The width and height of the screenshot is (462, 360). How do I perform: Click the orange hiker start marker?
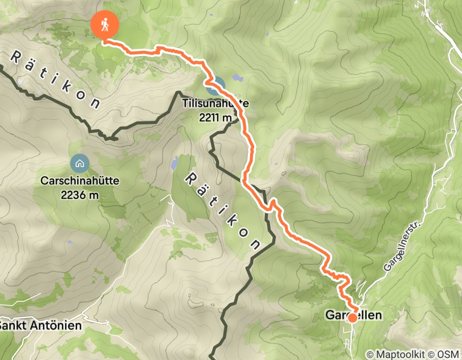coord(104,25)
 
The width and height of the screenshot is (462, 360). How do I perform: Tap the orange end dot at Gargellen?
coord(352,318)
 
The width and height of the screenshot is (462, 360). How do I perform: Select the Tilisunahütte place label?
coord(215,103)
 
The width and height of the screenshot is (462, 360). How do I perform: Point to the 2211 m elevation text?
coord(215,118)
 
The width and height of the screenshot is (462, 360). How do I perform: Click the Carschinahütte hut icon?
coord(80,164)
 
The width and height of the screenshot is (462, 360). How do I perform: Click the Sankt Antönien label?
coord(40,326)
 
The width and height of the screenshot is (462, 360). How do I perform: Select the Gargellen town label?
coord(354,314)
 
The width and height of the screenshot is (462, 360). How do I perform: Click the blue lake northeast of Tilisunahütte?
coord(237,78)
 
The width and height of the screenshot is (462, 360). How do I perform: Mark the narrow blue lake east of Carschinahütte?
coord(174,163)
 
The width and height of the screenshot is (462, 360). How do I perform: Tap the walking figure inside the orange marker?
coord(104,23)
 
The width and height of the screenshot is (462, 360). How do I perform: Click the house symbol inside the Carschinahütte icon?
coord(80,164)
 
